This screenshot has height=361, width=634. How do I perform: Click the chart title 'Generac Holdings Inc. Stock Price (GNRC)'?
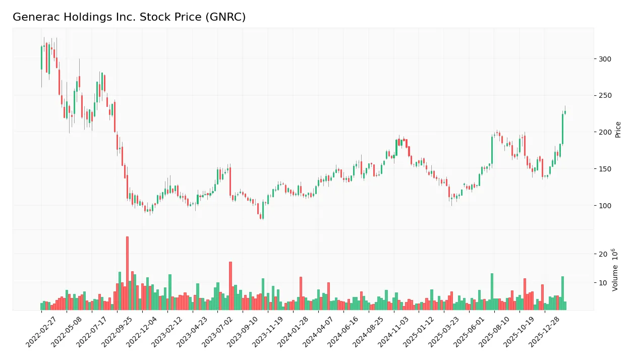129,17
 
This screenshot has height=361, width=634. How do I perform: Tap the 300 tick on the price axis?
605,59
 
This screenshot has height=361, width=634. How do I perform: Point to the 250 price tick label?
605,96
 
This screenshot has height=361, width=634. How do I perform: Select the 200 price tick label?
605,132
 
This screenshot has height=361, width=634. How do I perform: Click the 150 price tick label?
605,169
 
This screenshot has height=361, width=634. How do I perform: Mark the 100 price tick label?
605,206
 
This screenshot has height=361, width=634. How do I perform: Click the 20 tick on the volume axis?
603,254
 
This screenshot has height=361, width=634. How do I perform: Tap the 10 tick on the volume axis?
603,282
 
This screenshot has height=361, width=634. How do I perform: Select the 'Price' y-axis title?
618,130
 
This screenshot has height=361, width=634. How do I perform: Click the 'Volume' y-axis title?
615,270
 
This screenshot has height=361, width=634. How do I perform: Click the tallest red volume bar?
127,273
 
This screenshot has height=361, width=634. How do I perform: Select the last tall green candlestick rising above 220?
562,129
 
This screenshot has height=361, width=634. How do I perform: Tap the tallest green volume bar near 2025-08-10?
492,291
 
